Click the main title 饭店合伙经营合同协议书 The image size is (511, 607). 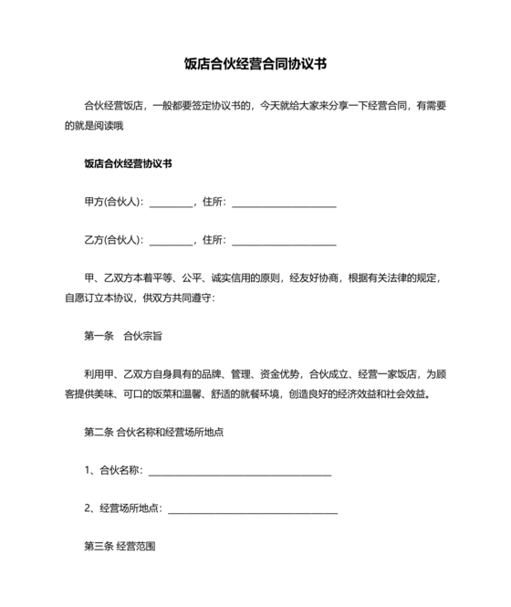pos(255,65)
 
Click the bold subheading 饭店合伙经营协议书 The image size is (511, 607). pos(128,164)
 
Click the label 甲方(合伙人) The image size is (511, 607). pos(112,203)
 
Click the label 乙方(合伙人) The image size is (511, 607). pos(112,240)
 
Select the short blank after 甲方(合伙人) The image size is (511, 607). pos(171,204)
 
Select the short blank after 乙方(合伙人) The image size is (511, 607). pos(171,242)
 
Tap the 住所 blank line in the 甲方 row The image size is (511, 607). pos(284,204)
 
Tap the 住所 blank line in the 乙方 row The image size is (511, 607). pos(284,242)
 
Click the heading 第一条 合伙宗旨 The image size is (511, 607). pos(123,336)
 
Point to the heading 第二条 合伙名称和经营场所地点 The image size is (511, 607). pos(154,432)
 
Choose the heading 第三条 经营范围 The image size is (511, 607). pos(120,546)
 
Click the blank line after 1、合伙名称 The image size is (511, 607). pos(239,472)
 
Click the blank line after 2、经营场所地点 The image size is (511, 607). pos(253,509)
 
